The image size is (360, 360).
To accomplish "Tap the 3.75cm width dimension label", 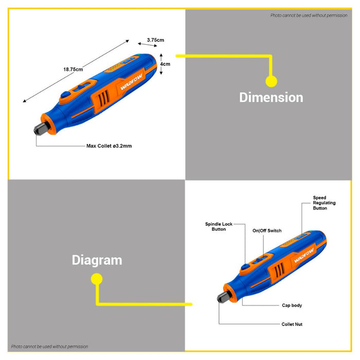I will (155, 40).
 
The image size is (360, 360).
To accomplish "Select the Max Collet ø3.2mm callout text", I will (109, 146).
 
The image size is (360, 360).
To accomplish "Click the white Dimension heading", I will (271, 97).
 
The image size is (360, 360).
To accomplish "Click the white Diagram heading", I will (97, 260).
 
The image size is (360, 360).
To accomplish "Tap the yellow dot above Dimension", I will (271, 81).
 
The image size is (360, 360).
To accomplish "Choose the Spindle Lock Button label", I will (219, 227).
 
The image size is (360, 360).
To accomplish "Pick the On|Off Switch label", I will (266, 231).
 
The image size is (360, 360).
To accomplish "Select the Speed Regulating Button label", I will (327, 203).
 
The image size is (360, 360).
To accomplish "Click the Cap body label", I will (292, 305).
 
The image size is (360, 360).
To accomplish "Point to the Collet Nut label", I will (292, 325).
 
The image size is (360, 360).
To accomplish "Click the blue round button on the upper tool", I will (65, 96).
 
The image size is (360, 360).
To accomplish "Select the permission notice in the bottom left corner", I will (49, 347).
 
